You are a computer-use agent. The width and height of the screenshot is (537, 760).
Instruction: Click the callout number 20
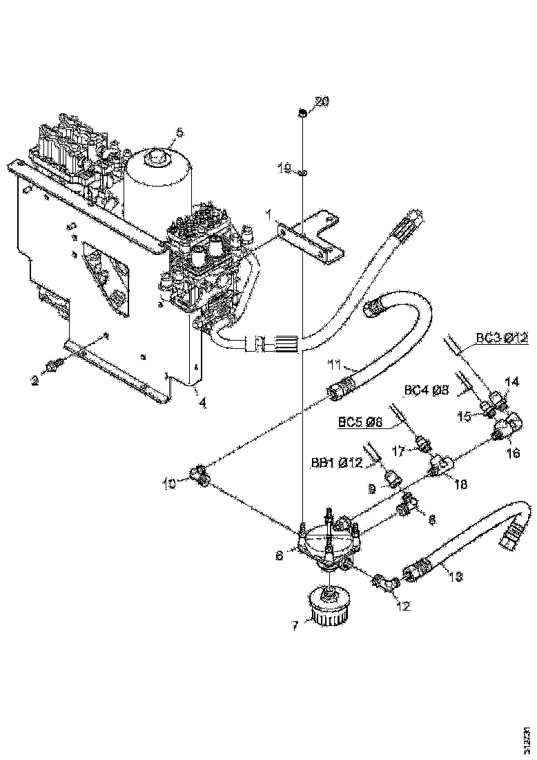coord(322,102)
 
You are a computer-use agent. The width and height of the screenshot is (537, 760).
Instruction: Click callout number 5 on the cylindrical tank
coord(179,131)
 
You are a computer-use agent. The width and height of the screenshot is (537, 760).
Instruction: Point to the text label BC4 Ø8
coord(427,390)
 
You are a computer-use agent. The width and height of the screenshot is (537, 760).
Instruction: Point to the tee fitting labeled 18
coord(440,465)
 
